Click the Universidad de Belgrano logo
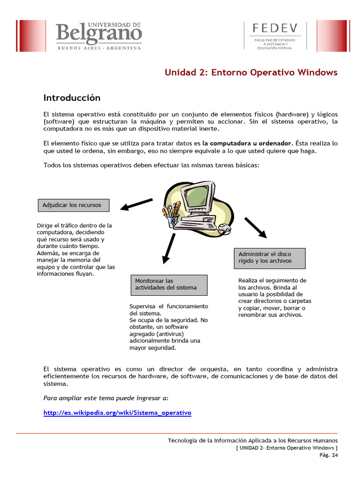tap(99, 36)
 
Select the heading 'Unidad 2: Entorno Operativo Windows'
tap(251, 72)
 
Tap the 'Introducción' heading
tap(72, 98)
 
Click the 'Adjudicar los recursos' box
tap(73, 205)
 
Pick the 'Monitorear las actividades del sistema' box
tap(168, 284)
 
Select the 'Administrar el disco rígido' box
tap(270, 258)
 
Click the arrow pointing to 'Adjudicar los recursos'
tap(136, 204)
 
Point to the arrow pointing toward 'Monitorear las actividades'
tap(168, 248)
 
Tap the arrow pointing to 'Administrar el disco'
tap(255, 227)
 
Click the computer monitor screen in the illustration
tap(196, 197)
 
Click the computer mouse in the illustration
tap(225, 228)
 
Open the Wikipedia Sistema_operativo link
tap(117, 413)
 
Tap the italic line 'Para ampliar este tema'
tap(105, 398)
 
